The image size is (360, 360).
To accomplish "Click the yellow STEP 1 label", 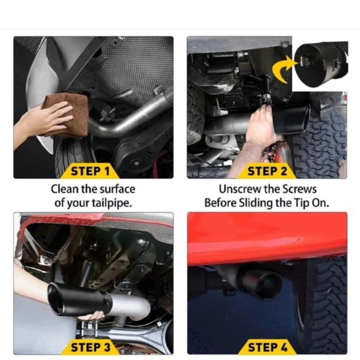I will [90, 171].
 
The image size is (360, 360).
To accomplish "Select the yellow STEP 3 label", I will [90, 347].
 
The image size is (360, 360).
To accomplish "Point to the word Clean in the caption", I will [63, 189].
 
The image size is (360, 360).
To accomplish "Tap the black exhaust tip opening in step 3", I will [57, 299].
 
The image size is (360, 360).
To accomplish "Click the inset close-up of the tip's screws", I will [319, 63].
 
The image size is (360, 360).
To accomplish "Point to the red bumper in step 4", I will [265, 238].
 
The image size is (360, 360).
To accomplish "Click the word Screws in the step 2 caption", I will [301, 189].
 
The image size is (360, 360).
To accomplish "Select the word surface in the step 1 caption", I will [117, 189].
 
